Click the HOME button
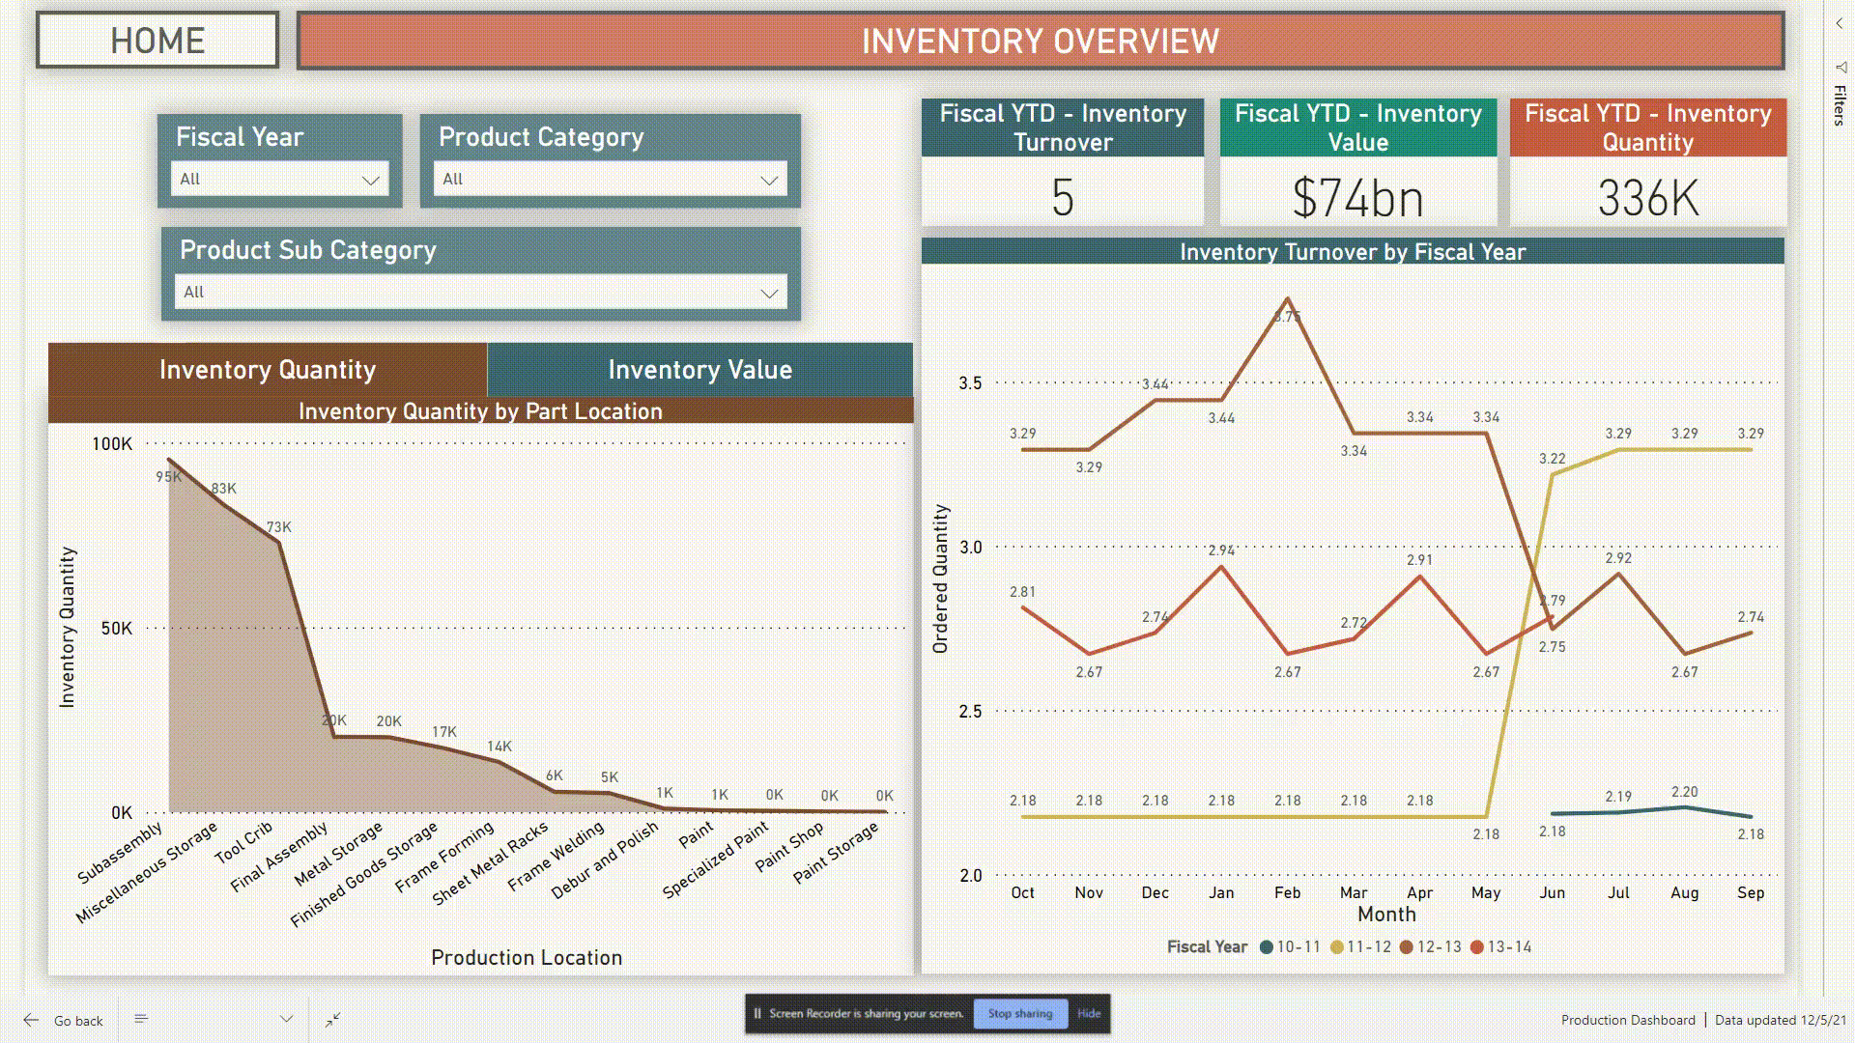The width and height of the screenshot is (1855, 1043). (157, 41)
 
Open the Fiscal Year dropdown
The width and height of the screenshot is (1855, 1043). (279, 180)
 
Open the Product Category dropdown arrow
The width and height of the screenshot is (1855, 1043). (769, 180)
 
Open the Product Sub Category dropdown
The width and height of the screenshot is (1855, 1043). (480, 292)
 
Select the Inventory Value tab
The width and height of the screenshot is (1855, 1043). (699, 370)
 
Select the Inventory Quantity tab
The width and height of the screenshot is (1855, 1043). (268, 370)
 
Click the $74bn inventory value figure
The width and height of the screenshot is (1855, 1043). (1357, 198)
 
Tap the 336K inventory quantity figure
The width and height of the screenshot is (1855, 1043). (1647, 198)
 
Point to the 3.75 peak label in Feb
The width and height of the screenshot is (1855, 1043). (1287, 317)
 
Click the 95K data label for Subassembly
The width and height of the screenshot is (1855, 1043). (168, 477)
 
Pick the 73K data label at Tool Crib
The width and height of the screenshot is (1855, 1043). (278, 527)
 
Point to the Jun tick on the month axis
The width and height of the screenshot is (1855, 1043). (1552, 893)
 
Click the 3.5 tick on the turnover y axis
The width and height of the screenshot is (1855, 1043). (970, 383)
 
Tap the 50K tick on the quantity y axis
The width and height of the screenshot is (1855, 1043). (116, 629)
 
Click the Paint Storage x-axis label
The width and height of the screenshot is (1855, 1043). (836, 852)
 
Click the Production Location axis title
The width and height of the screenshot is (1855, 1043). (527, 958)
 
